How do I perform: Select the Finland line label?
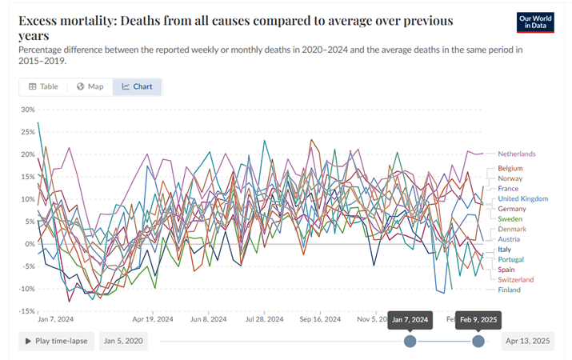[509, 290]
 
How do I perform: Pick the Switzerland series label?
[515, 280]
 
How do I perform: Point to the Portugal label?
[510, 259]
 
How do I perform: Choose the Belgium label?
[510, 168]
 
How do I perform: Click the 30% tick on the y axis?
[28, 110]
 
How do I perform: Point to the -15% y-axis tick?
[26, 311]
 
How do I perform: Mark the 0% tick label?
[30, 244]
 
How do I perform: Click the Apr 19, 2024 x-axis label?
[153, 318]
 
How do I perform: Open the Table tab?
[42, 86]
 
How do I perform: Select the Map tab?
[90, 86]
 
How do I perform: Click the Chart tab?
[137, 86]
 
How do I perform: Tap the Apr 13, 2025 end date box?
[527, 341]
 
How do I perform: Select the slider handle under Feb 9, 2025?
[478, 341]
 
